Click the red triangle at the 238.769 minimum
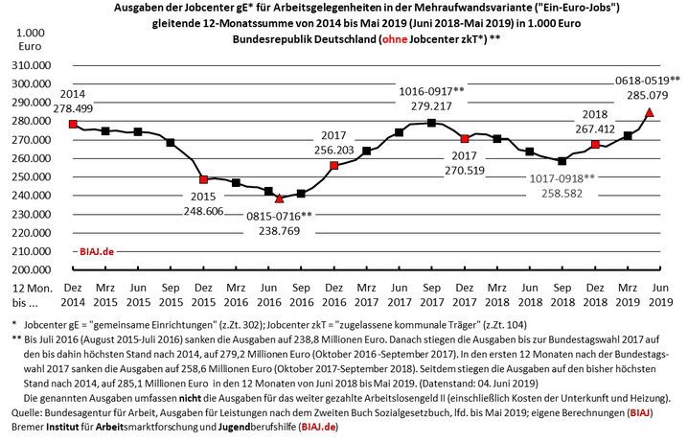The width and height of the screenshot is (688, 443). (x=280, y=198)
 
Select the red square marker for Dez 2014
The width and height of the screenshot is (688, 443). (x=73, y=125)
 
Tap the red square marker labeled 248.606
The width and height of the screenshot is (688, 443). (x=203, y=179)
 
